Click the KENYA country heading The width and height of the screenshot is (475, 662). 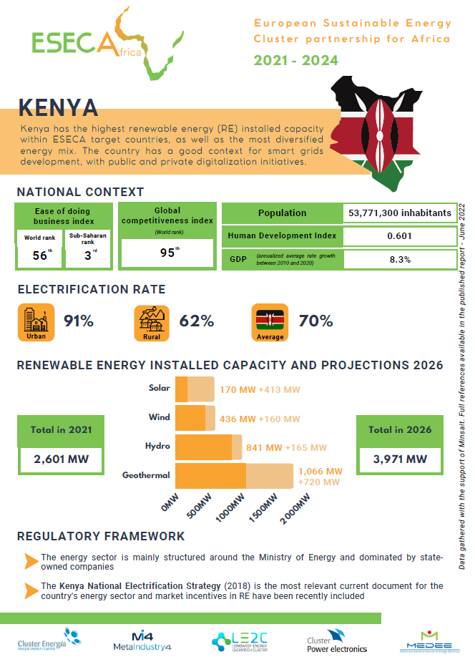pos(58,107)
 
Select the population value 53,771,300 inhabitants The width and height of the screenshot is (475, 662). pos(399,213)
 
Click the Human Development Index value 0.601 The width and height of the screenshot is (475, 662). pos(399,236)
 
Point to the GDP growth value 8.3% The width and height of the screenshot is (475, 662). pos(399,259)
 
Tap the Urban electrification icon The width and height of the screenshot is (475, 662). pos(36,323)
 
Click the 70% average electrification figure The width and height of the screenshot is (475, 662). pos(316,321)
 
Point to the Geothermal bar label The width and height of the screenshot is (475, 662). pos(146,475)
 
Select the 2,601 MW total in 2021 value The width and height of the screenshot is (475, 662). pos(62,459)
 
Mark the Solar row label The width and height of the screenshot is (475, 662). pos(159,388)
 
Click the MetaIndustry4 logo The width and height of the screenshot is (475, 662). pos(143,641)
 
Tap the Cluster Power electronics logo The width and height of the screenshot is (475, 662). pos(336,641)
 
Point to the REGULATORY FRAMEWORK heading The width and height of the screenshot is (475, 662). pos(101,536)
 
